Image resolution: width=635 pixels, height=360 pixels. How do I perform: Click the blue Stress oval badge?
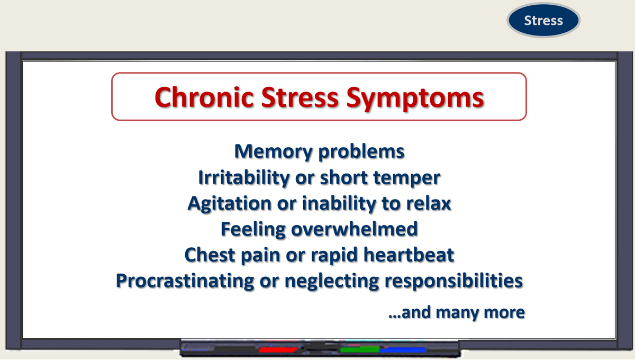[x=543, y=20]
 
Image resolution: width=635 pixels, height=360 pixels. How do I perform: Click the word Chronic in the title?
[x=204, y=97]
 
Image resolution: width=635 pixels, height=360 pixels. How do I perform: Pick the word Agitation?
[x=230, y=204]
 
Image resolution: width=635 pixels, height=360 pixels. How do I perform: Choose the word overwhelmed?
[x=355, y=229]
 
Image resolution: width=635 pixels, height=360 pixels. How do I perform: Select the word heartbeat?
[x=409, y=255]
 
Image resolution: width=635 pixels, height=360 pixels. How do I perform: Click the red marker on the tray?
[x=278, y=350]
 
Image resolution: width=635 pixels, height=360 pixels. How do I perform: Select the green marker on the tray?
[x=360, y=349]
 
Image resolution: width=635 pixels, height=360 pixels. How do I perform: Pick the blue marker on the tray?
[x=403, y=350]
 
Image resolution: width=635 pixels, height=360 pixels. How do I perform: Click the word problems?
[x=361, y=152]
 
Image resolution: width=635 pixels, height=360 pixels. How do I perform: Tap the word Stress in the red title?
[x=300, y=97]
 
